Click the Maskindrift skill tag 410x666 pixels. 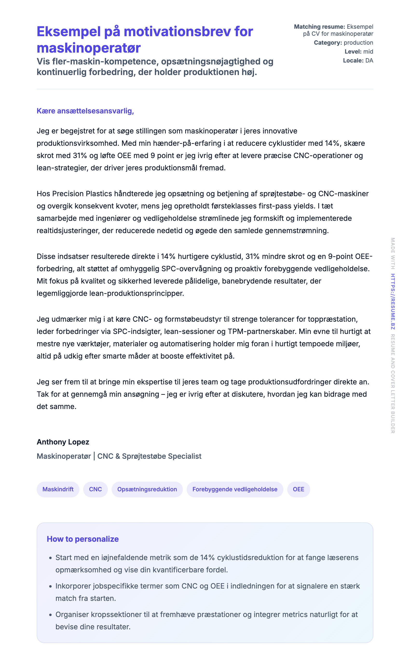pos(58,489)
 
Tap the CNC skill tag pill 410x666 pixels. pos(96,489)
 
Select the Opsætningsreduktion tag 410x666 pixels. pos(147,489)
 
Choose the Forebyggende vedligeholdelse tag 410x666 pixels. pos(235,489)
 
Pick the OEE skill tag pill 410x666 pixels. pos(298,489)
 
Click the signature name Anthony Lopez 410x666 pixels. pos(63,442)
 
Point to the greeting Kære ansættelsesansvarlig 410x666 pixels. pos(85,111)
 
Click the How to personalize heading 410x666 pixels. pos(83,539)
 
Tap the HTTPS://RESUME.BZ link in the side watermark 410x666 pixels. pos(393,301)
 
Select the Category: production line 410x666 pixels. pos(343,43)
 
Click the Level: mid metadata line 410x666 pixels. pos(359,52)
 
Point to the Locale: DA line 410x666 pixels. pos(358,61)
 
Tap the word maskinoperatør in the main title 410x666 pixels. pos(89,48)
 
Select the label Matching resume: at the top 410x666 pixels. pos(319,27)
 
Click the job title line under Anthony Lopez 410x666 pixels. pos(119,456)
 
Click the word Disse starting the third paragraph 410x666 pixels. pos(46,256)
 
